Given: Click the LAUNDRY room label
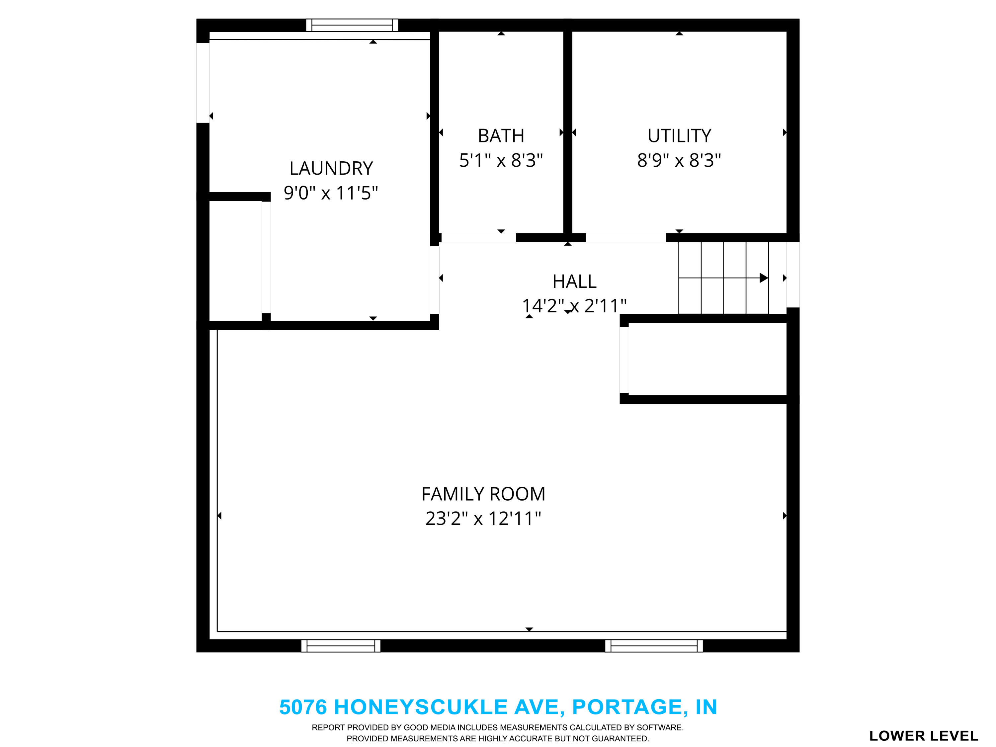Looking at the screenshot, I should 331,168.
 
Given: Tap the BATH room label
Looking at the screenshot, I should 501,135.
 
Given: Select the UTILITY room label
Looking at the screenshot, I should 679,135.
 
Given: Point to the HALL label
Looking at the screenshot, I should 574,282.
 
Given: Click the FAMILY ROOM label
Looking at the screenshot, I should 483,494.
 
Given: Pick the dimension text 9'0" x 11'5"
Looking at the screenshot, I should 331,193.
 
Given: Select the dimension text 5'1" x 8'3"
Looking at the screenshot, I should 501,160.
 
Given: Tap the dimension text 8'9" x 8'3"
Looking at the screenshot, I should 679,160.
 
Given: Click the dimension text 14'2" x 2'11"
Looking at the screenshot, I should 574,306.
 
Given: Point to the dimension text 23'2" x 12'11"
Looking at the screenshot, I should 483,519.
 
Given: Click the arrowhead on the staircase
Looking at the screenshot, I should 763,278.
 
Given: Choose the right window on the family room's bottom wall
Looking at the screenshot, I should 654,646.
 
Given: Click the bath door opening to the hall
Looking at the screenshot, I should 478,238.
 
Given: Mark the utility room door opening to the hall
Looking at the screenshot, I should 625,238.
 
